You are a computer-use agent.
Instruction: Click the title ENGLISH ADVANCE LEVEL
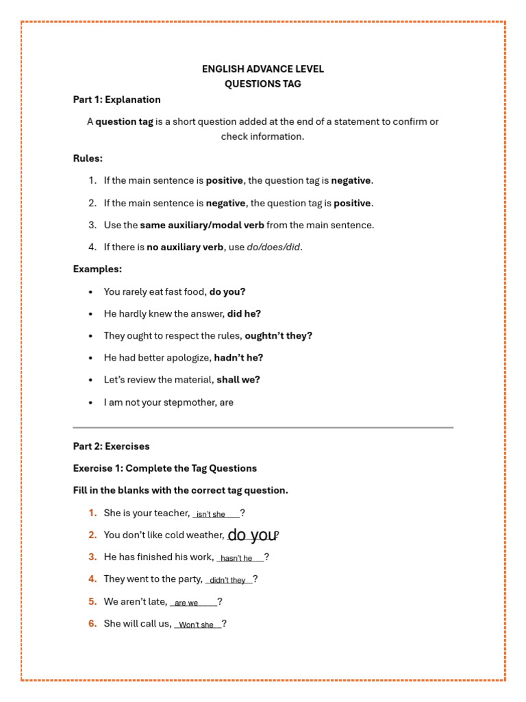coord(262,69)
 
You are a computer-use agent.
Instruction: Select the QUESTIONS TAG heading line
coord(262,84)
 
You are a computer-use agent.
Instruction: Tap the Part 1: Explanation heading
coord(117,99)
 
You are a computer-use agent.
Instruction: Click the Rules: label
coord(88,158)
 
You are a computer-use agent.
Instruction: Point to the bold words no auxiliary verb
coord(185,247)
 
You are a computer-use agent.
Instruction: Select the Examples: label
coord(97,269)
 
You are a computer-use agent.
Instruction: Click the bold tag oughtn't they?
coord(278,336)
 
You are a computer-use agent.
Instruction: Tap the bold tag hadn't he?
coord(238,358)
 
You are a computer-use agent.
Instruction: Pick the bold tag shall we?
coord(238,380)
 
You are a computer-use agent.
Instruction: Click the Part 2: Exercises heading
coord(111,446)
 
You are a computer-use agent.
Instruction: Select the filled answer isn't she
coord(211,514)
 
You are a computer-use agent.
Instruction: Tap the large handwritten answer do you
coord(252,535)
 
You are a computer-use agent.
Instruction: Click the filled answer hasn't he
coord(236,558)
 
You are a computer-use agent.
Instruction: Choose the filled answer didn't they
coord(227,580)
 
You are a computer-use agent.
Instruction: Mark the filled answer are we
coord(186,603)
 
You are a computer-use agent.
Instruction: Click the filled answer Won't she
coord(196,625)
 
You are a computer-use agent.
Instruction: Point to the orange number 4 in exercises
coord(92,579)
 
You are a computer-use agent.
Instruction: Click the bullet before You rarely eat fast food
coord(91,292)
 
